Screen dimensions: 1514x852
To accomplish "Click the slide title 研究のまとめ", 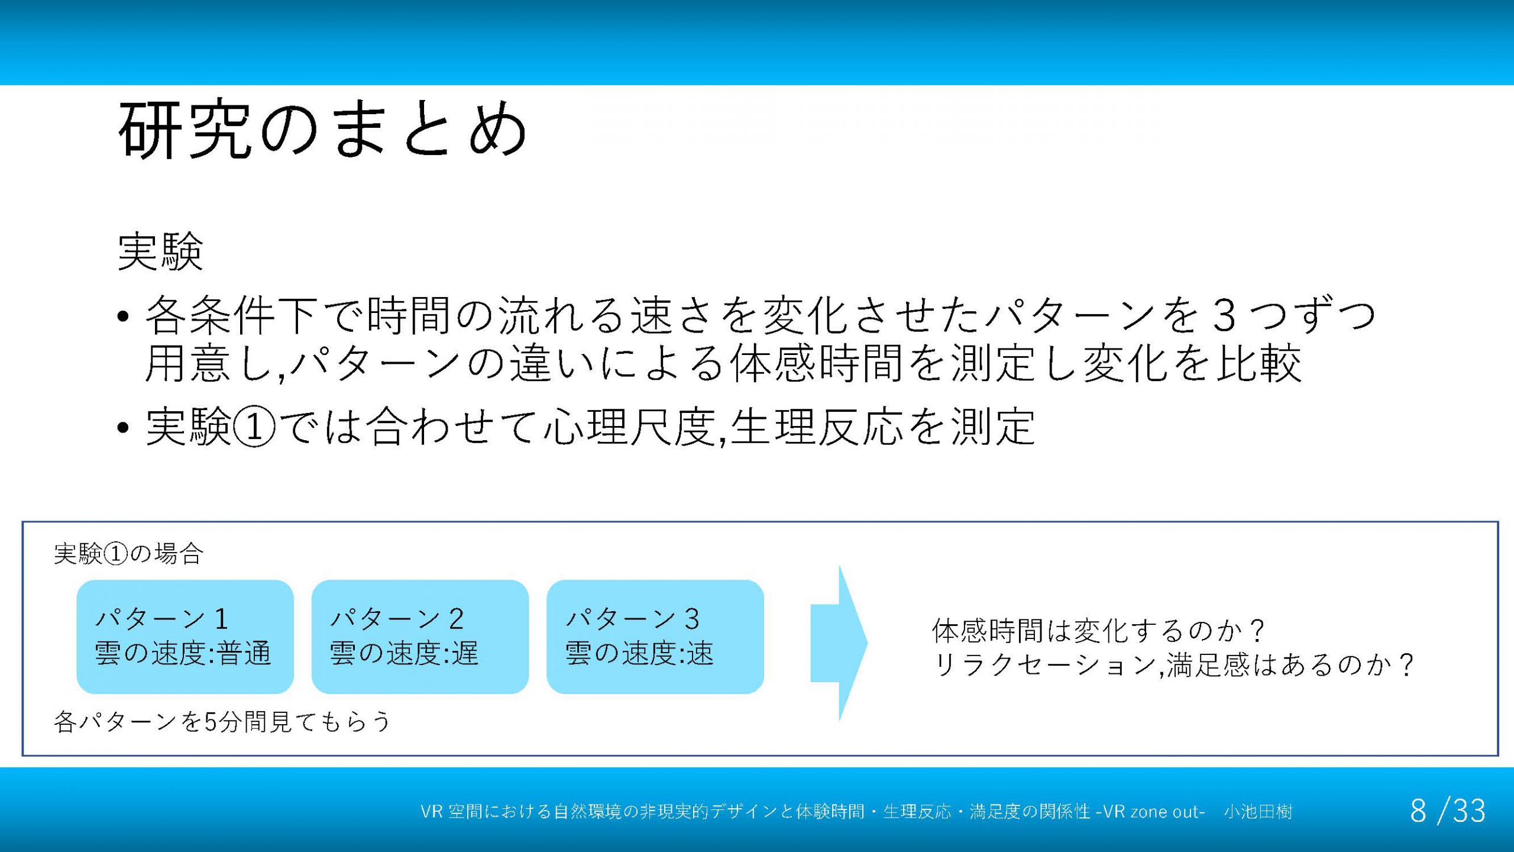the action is [323, 129].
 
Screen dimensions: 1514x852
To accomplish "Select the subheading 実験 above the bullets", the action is [161, 252].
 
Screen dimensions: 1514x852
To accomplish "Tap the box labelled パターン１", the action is [185, 637].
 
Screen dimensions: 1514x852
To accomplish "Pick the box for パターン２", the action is [420, 637].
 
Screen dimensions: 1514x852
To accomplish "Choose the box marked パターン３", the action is [655, 637].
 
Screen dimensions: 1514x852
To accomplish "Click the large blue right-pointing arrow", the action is [839, 643].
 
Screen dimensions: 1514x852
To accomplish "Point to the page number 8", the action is [1418, 811].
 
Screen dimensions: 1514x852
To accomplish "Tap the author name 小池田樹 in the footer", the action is [1258, 811].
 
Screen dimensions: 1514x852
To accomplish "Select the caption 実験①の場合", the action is [128, 554].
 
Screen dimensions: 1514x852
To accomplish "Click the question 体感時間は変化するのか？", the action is [1099, 631].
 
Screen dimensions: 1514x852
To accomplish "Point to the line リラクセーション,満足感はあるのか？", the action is [1173, 665].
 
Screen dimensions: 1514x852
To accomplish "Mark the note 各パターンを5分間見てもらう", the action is [222, 722].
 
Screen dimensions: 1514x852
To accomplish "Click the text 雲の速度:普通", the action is [183, 653].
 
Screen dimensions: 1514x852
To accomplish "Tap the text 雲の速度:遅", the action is [404, 653].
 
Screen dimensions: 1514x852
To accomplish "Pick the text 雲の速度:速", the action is [639, 653].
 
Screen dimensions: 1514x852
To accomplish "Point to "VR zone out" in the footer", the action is [1151, 811].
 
